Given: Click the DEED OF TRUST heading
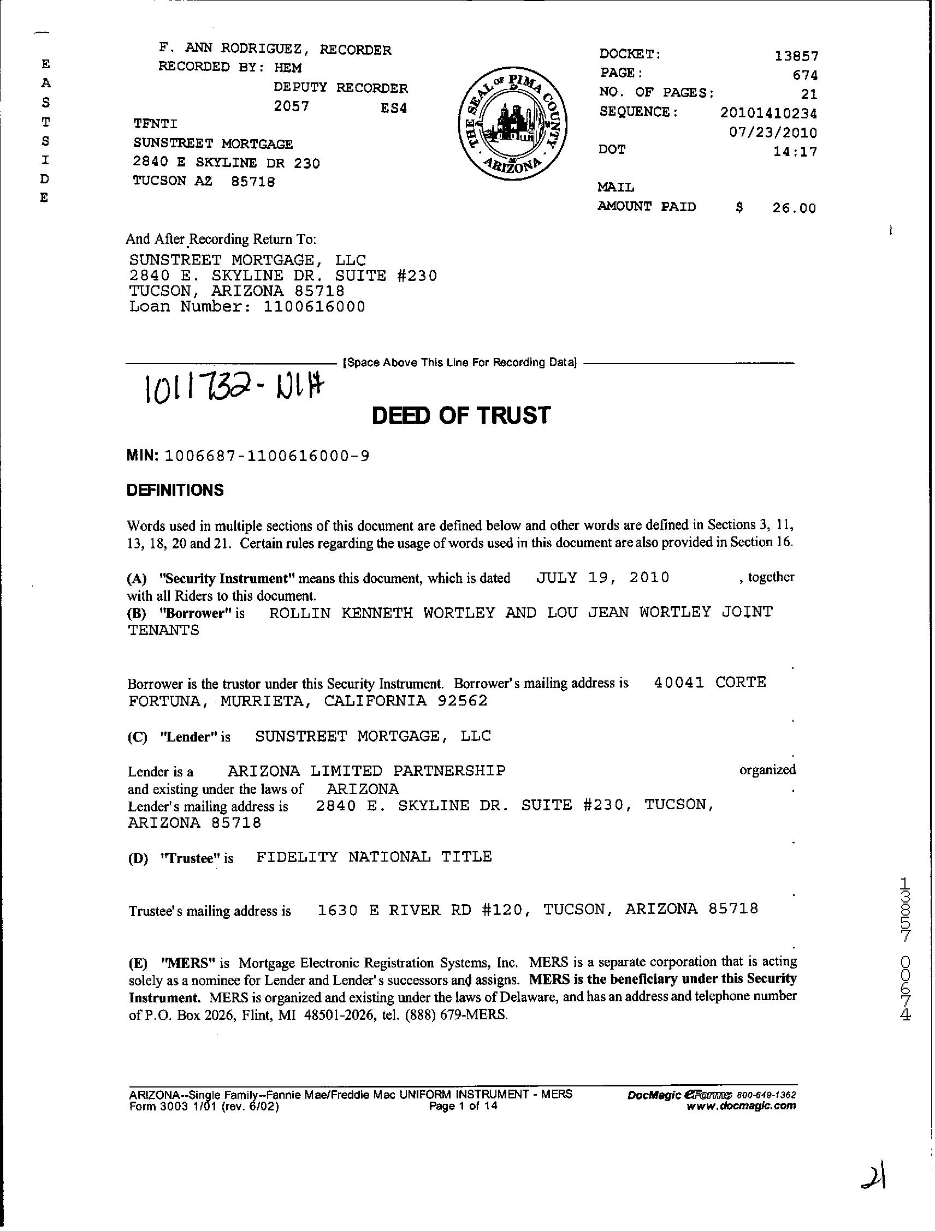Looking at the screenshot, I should click(460, 415).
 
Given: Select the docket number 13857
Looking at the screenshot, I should click(796, 56).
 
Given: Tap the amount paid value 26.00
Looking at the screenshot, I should click(794, 208).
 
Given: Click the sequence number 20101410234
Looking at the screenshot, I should click(768, 113).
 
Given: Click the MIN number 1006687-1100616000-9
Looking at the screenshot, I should click(268, 456).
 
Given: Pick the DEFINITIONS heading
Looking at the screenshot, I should click(175, 491).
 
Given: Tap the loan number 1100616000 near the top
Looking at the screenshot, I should click(314, 307).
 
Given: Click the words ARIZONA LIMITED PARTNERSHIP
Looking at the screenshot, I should click(366, 771).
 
